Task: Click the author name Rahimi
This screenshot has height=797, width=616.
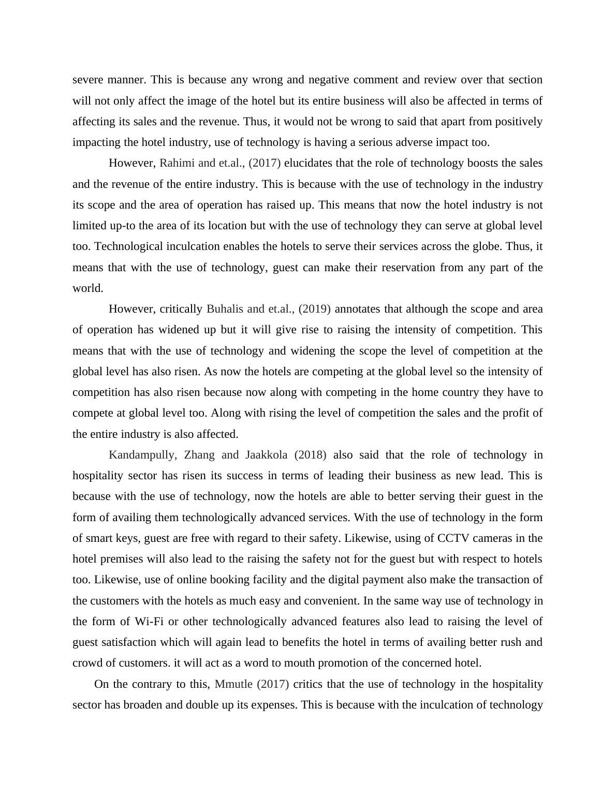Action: [177, 163]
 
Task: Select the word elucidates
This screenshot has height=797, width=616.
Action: [310, 163]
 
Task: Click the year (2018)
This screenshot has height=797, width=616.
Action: [310, 455]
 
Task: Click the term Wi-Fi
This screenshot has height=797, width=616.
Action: [149, 622]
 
